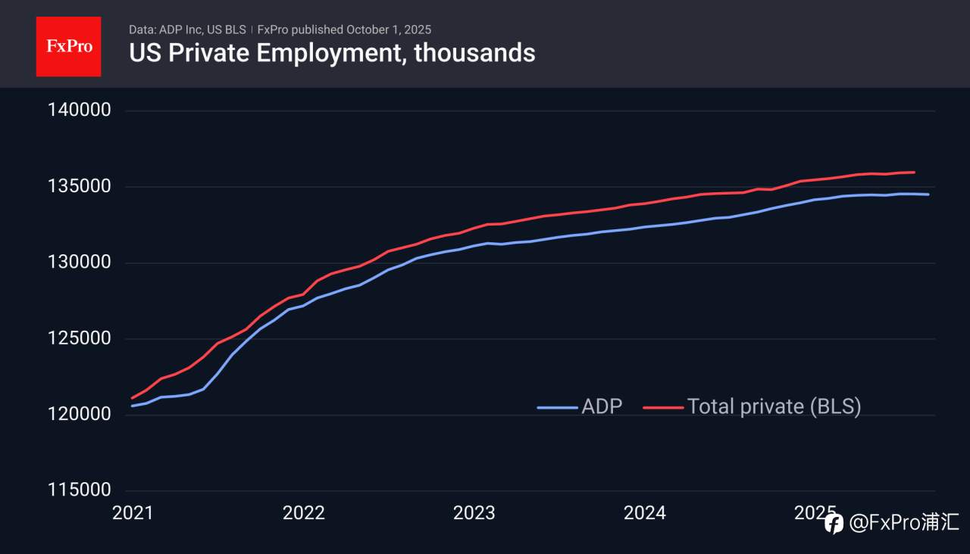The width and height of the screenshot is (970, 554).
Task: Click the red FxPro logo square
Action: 68,46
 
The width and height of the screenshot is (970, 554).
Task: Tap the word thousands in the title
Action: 474,53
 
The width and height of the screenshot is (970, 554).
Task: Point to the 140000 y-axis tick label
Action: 80,110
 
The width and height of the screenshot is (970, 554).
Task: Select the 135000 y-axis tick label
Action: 80,187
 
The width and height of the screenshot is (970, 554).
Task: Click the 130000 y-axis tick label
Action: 80,263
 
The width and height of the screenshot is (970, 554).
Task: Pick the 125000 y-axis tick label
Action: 80,339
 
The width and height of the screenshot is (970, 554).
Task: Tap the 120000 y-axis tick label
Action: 80,415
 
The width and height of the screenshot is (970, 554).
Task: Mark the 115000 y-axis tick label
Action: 80,490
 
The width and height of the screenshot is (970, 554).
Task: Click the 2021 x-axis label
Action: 133,513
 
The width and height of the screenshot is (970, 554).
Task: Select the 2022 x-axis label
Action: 303,513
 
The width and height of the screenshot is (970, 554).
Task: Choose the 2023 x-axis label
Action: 474,513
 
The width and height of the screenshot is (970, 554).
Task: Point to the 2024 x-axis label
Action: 644,513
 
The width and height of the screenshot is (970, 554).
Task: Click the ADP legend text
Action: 602,406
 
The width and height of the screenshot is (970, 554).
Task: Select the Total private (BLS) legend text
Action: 774,406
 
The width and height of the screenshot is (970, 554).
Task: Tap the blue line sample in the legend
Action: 557,407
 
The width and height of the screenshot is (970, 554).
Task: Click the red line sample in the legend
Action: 663,407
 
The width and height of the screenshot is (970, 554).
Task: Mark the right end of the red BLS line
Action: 915,173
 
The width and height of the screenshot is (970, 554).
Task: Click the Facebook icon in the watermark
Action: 834,523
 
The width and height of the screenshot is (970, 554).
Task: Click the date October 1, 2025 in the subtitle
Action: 389,30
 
